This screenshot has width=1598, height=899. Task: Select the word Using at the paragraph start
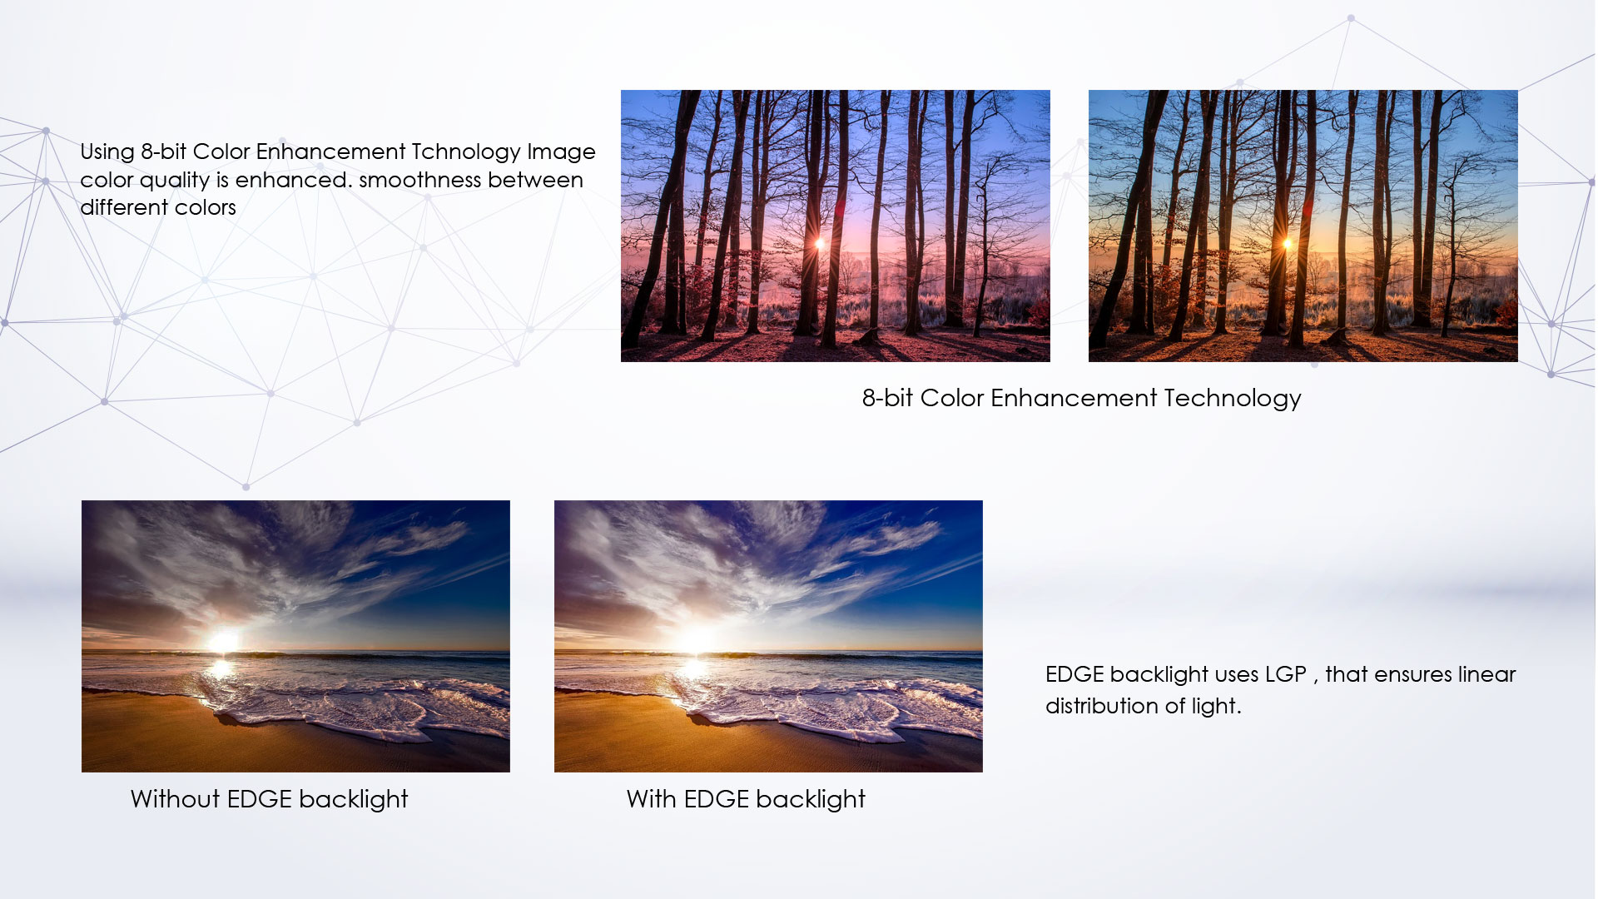[x=107, y=153]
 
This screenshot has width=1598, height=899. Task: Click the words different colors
[x=158, y=207]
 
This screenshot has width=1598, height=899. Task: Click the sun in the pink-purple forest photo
[x=820, y=244]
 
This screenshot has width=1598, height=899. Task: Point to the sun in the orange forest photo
[x=1288, y=244]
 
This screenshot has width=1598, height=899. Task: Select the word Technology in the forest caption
[x=1233, y=400]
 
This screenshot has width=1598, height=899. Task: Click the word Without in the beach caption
[x=176, y=799]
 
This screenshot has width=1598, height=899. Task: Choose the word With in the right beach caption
[x=652, y=799]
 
